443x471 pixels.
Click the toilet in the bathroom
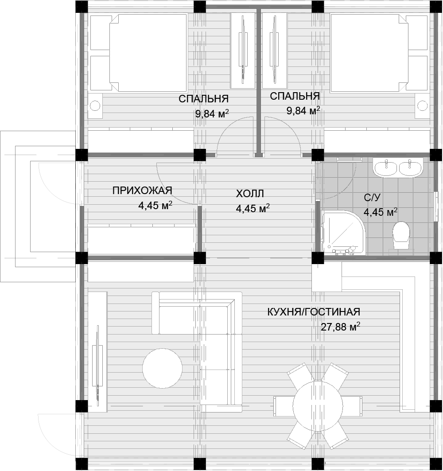coord(401,235)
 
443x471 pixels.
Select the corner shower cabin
coord(343,233)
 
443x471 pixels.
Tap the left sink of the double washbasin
coord(386,168)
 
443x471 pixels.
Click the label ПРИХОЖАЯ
coord(142,191)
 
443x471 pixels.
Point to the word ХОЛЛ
coord(250,194)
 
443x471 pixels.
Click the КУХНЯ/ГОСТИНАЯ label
coord(314,312)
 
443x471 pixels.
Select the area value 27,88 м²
coord(341,327)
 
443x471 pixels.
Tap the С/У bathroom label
coord(373,197)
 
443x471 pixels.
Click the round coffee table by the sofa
coord(162,368)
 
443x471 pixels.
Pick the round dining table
coord(318,406)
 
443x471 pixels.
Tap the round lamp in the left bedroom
coord(95,106)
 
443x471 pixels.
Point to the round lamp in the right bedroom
coord(423,106)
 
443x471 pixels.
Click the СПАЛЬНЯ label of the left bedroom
coord(204,99)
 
